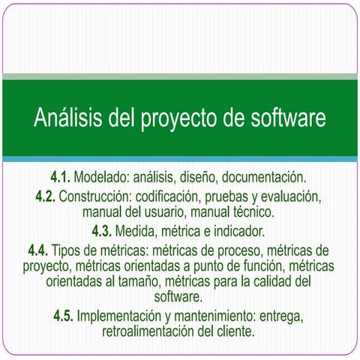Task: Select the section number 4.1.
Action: click(x=61, y=178)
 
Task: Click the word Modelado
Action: click(x=100, y=178)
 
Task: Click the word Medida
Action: click(x=140, y=229)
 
